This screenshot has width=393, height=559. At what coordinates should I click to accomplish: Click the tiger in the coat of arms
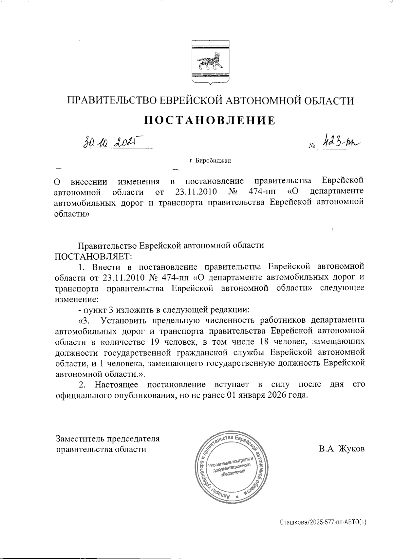coord(209,63)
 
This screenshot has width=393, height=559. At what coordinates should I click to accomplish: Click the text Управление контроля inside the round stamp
coord(228,462)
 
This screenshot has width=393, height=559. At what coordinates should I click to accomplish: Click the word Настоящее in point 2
coord(116,384)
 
